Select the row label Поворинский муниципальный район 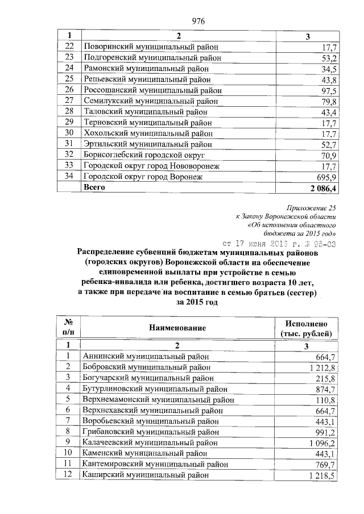click(150, 47)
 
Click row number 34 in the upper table click(69, 177)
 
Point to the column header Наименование click(177, 328)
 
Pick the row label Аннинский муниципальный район click(146, 357)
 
